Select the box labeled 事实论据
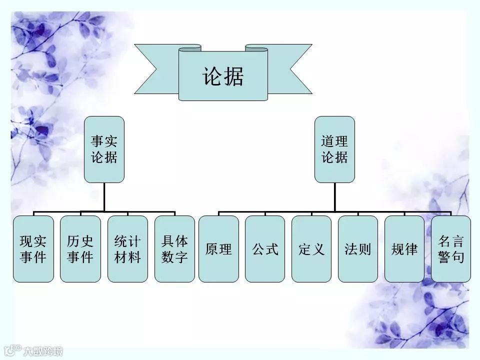104,149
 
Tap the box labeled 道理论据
334,149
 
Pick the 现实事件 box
33,248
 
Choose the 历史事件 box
80,248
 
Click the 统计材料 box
127,248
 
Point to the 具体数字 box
174,248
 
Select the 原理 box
218,248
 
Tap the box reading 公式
265,248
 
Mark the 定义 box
311,248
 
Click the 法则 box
358,248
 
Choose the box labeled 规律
404,248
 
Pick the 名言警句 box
451,248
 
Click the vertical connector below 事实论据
104,196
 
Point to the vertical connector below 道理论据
334,196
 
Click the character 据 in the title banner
234,76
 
